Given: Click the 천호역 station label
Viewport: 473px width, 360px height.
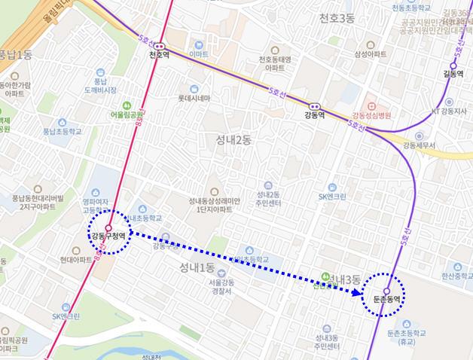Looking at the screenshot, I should pyautogui.click(x=158, y=56).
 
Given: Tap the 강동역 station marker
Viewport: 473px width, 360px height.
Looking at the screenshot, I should pyautogui.click(x=314, y=106).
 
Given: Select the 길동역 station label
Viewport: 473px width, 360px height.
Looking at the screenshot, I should pyautogui.click(x=452, y=74).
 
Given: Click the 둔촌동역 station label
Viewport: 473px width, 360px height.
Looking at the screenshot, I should pyautogui.click(x=387, y=299).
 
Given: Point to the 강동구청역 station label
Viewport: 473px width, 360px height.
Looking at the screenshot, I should pyautogui.click(x=108, y=236).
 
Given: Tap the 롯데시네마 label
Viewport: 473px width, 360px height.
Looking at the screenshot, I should pyautogui.click(x=194, y=98).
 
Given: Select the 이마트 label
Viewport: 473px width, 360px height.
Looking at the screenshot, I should pyautogui.click(x=199, y=54).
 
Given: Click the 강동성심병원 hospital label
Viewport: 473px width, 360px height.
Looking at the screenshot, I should pyautogui.click(x=377, y=115).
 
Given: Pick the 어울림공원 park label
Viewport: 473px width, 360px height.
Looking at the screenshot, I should pyautogui.click(x=127, y=114).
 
